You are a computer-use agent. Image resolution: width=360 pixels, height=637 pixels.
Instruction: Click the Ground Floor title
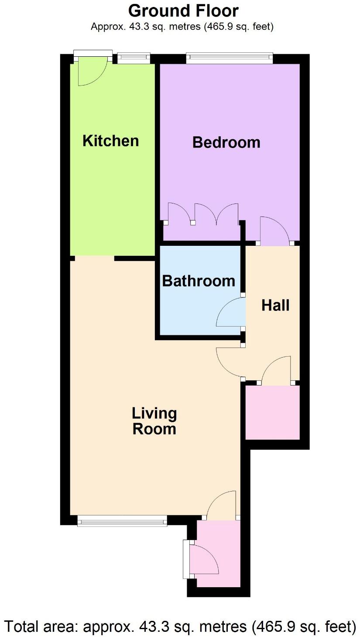point(183,10)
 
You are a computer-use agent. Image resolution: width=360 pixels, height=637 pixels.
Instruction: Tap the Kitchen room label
point(111,141)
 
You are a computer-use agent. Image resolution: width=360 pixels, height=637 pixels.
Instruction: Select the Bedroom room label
point(226,142)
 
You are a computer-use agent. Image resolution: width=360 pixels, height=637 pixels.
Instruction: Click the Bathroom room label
point(199,281)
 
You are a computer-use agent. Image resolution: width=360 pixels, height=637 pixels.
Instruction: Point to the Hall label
point(275,305)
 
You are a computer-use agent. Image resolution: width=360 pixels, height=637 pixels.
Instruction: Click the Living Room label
point(154,421)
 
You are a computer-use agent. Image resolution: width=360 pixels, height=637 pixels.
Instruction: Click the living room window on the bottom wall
point(122,520)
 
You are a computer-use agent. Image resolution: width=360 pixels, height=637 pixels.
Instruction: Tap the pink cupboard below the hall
point(272,412)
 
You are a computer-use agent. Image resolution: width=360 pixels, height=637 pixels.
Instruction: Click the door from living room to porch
point(222,505)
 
